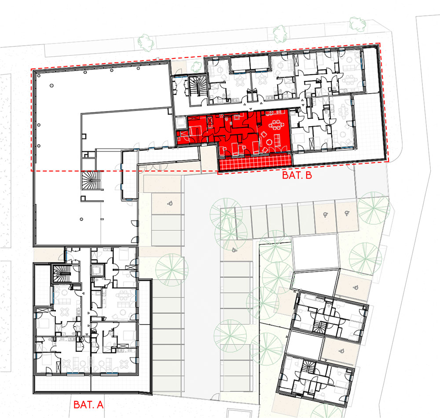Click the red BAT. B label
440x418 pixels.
(x=297, y=175)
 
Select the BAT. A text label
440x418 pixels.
(x=88, y=404)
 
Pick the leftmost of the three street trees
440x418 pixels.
(x=146, y=42)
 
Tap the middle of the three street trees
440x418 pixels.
(x=279, y=34)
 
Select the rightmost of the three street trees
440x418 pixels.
(x=357, y=24)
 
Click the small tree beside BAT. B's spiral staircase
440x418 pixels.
(x=196, y=66)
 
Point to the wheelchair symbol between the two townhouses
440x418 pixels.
(x=341, y=351)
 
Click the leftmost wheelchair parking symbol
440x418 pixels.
(x=169, y=204)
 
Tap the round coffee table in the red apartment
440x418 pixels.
(x=269, y=142)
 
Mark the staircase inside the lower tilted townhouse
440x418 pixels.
(x=307, y=367)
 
